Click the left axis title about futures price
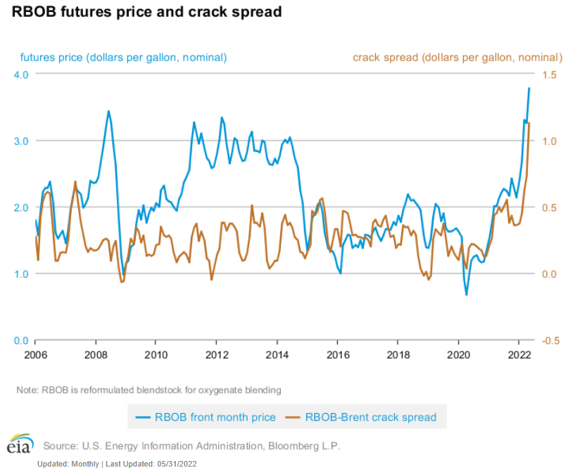[123, 57]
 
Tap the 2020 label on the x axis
[459, 354]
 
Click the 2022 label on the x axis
[519, 354]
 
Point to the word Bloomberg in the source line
[293, 445]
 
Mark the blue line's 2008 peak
[108, 110]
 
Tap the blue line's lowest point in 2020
[466, 295]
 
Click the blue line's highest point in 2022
[529, 88]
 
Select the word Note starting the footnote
[27, 390]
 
